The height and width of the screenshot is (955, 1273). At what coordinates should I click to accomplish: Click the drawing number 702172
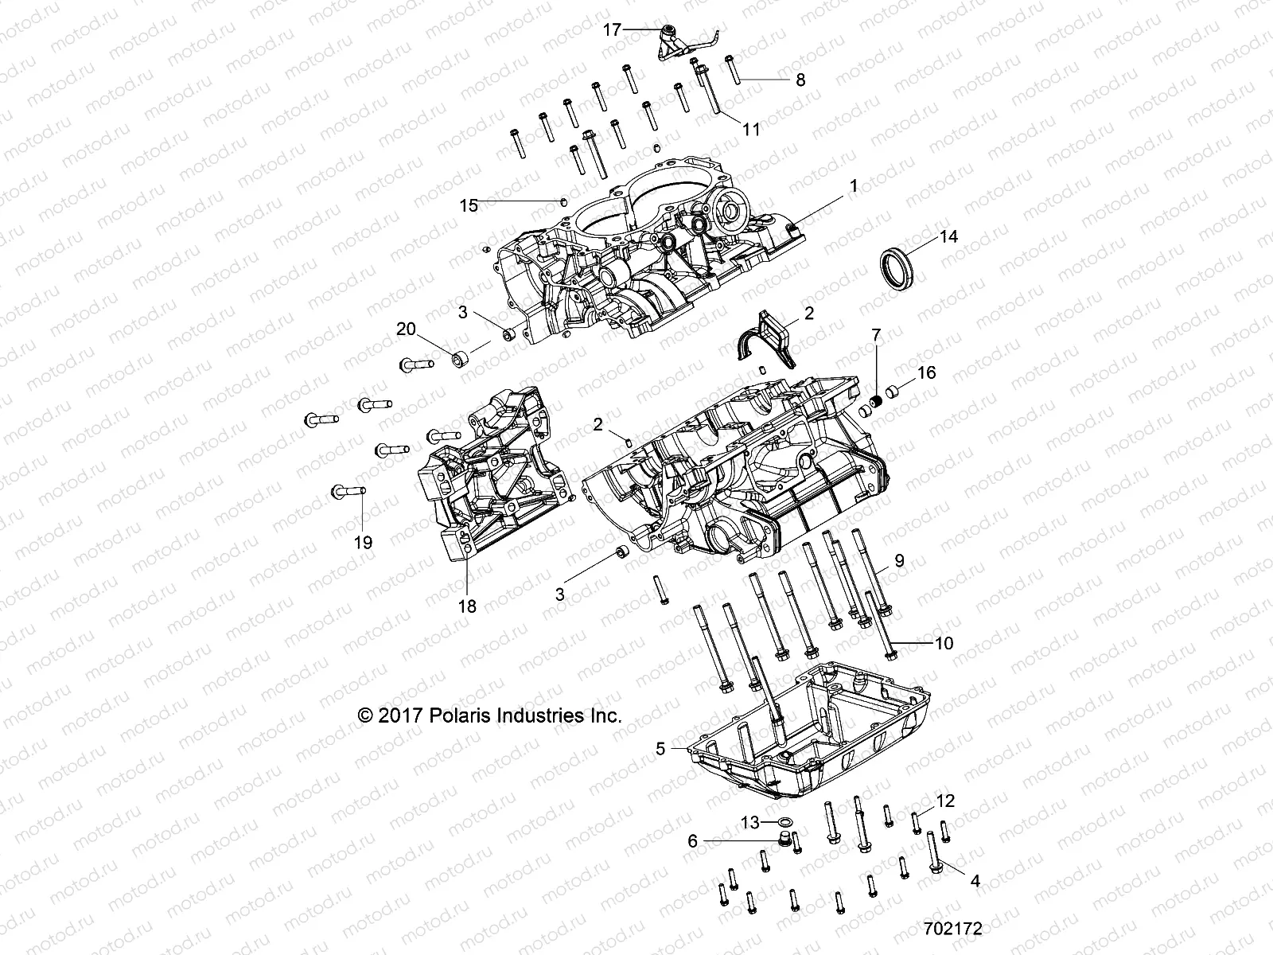tap(952, 929)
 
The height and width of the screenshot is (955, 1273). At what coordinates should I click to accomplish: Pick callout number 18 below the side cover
tap(467, 606)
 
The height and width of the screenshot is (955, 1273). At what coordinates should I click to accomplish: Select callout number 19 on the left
tap(363, 543)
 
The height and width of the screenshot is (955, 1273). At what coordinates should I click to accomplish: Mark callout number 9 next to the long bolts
tap(899, 560)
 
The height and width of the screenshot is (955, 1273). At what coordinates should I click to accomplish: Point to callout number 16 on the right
tap(927, 372)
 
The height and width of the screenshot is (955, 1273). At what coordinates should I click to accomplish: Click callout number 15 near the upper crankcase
tap(469, 205)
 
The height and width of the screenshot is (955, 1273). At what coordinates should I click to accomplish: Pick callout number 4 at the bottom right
tap(974, 881)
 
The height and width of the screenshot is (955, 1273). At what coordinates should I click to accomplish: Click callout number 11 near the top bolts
tap(752, 129)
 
